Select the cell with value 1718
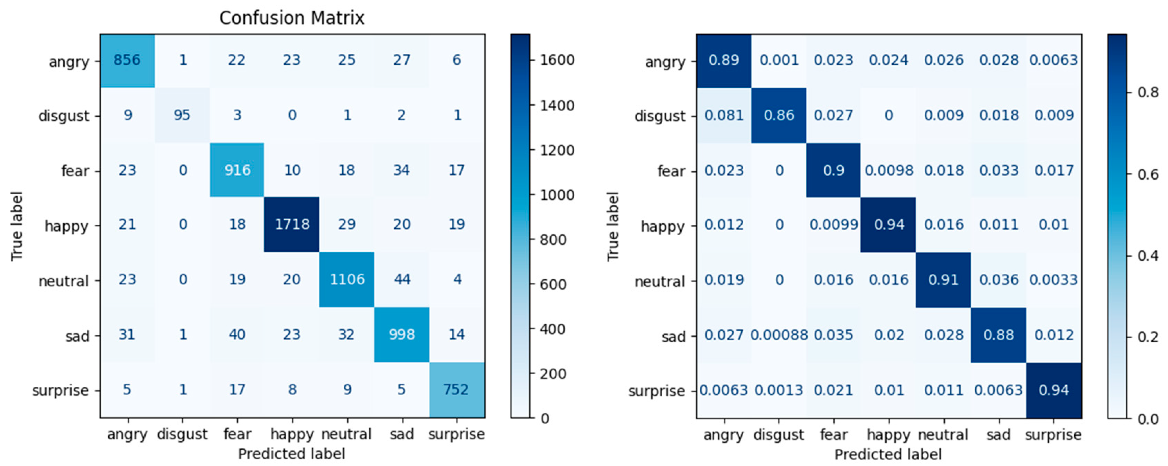[x=292, y=224]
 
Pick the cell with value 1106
[x=347, y=279]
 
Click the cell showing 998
[x=402, y=335]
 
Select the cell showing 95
[x=182, y=115]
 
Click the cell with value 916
[x=237, y=170]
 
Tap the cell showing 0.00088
[x=779, y=335]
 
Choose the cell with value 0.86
[x=779, y=115]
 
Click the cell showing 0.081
[x=724, y=115]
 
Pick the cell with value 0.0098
[x=889, y=171]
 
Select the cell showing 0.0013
[x=779, y=390]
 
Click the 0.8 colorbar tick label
[x=1148, y=93]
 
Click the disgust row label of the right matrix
[x=660, y=116]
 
